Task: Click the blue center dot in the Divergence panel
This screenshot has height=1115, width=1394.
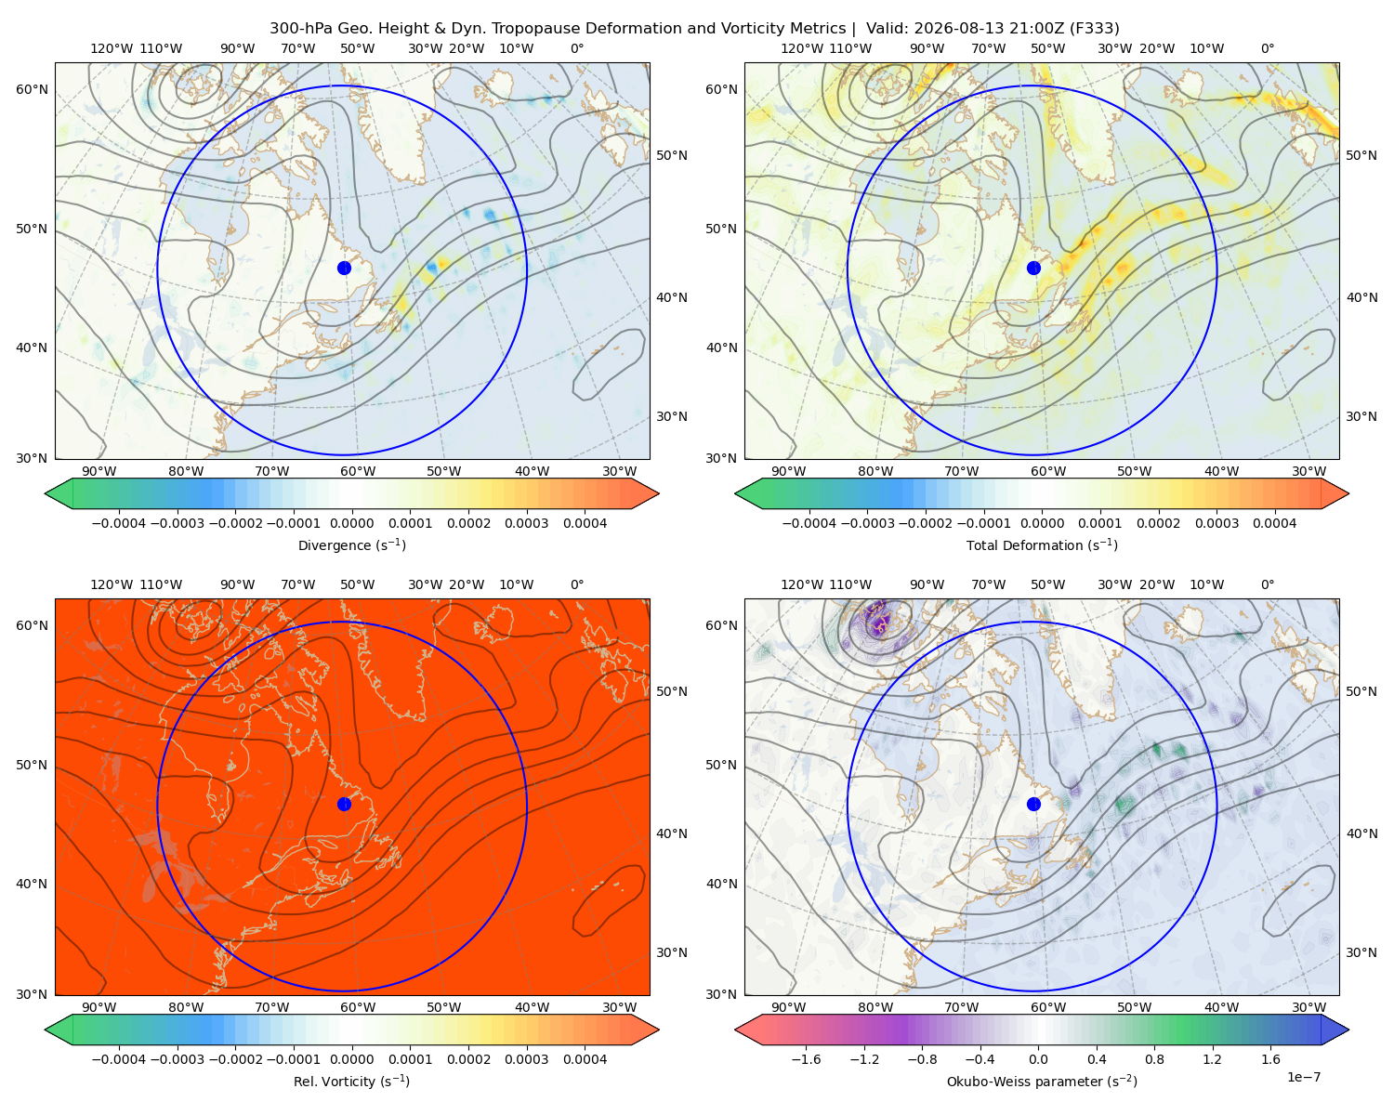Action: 344,268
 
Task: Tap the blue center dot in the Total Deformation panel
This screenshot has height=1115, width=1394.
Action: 1033,268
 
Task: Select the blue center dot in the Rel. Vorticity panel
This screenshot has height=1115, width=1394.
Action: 344,804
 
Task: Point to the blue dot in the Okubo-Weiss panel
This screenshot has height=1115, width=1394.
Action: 1033,804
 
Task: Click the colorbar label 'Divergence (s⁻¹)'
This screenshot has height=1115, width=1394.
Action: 351,544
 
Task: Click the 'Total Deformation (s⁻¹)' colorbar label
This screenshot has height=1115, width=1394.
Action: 1042,544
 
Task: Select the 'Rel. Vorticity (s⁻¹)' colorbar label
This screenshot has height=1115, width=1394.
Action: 351,1081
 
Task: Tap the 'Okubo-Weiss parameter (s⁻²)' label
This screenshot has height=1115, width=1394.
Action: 1042,1081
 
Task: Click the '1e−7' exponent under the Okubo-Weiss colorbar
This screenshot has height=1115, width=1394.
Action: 1303,1077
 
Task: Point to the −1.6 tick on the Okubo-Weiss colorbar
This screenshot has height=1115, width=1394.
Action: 806,1058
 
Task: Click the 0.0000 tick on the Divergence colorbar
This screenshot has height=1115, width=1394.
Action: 351,523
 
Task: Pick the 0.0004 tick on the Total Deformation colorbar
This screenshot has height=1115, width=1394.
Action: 1274,523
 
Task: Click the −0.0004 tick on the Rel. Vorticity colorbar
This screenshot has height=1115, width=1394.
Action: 119,1058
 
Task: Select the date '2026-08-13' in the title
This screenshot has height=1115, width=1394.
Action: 949,29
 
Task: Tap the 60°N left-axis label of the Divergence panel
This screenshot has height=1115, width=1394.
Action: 32,89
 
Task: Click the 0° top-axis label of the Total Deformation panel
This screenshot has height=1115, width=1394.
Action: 1267,48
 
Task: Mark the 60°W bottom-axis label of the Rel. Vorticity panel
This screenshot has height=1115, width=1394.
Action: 358,1007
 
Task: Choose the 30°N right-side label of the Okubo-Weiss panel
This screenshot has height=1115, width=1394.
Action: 1361,951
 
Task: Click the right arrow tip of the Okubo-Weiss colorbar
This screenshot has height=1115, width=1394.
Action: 1348,1030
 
